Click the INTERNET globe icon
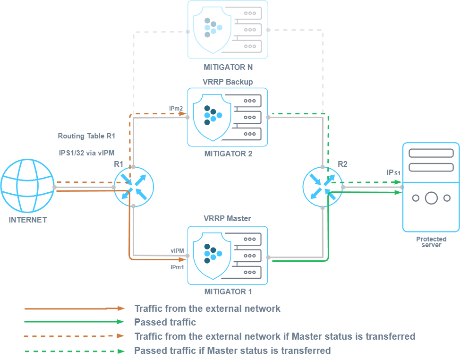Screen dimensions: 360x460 click(27, 188)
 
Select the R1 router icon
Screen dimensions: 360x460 click(134, 187)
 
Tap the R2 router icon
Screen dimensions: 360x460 click(322, 187)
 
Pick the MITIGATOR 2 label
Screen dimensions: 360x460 click(228, 154)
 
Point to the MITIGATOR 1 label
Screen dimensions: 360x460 click(228, 291)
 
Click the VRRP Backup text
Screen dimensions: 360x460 click(228, 82)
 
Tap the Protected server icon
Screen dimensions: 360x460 click(430, 187)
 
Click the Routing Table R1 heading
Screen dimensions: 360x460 click(86, 136)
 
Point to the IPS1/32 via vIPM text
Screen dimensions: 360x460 click(86, 153)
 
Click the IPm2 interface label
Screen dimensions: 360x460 click(176, 108)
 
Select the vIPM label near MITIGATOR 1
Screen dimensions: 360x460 click(177, 251)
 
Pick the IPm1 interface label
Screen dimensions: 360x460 click(177, 267)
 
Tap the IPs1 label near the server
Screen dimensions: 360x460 click(393, 173)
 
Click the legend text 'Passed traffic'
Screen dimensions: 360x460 click(165, 322)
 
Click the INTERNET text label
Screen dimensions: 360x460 click(27, 220)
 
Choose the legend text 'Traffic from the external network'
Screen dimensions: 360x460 click(207, 309)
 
